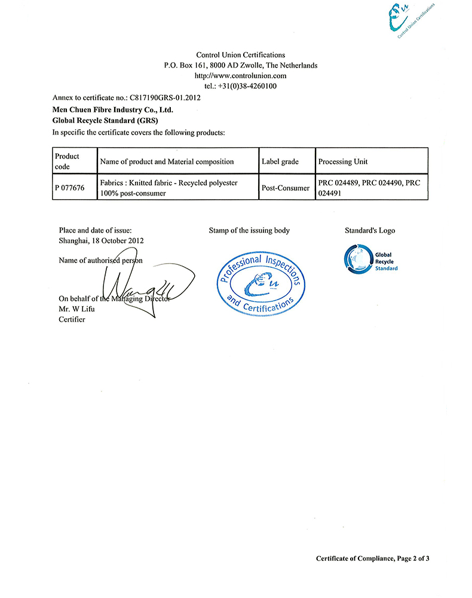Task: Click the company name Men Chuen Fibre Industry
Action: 113,109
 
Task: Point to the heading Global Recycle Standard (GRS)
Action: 97,120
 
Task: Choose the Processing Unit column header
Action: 343,161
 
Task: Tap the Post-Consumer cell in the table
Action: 286,188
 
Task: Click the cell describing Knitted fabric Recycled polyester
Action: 169,188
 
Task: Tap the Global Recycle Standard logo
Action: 371,258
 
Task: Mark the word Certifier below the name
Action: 72,319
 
